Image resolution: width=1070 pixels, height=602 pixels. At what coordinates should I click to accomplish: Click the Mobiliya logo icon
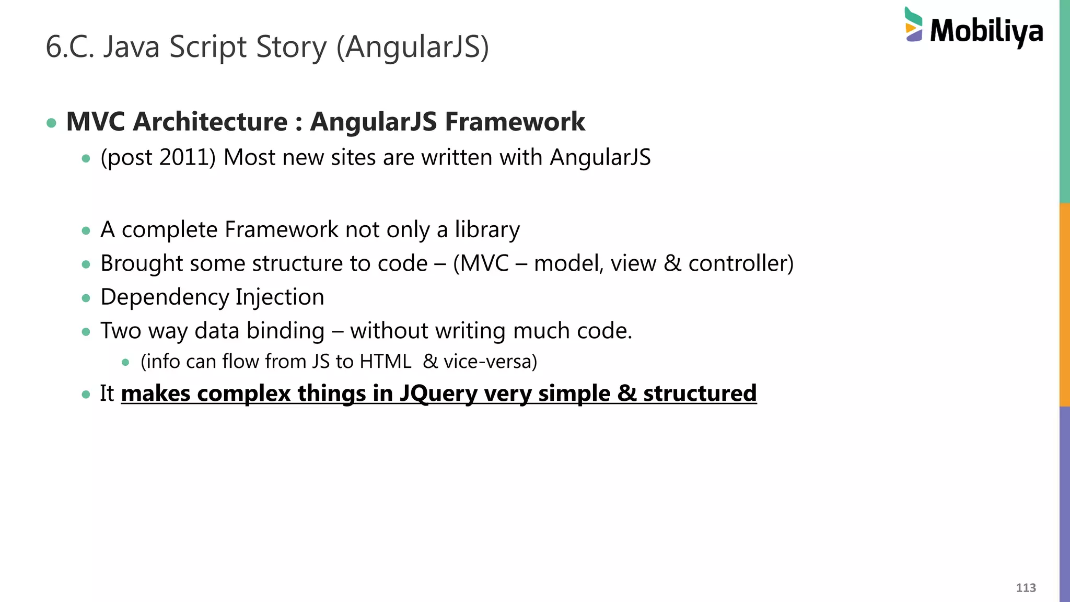pyautogui.click(x=914, y=25)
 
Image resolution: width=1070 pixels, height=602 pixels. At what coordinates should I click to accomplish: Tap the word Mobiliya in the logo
pyautogui.click(x=986, y=31)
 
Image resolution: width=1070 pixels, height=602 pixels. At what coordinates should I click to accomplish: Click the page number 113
pyautogui.click(x=1026, y=588)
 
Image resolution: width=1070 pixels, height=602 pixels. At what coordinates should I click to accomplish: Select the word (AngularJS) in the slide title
pyautogui.click(x=413, y=47)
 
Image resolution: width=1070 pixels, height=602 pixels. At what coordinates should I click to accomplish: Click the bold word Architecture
pyautogui.click(x=210, y=122)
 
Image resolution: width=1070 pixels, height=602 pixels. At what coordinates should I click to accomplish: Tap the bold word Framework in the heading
pyautogui.click(x=515, y=122)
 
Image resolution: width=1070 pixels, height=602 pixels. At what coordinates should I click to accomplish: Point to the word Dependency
pyautogui.click(x=165, y=297)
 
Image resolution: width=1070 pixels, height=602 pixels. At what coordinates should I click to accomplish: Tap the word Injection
pyautogui.click(x=280, y=297)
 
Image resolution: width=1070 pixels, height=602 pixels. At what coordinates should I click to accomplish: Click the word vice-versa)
pyautogui.click(x=490, y=362)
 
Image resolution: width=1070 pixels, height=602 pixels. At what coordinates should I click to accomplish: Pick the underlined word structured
pyautogui.click(x=700, y=393)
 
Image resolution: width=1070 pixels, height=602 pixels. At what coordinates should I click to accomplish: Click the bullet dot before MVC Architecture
pyautogui.click(x=51, y=123)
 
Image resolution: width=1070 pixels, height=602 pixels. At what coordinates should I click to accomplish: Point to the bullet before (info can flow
pyautogui.click(x=125, y=362)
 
